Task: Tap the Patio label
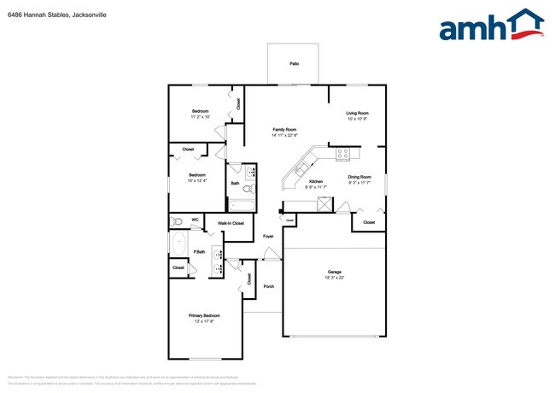point(294,64)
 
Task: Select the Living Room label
point(357,113)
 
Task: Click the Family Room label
point(284,129)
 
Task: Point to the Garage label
point(334,273)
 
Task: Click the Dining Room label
point(359,177)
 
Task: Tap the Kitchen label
point(315,182)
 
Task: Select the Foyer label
point(268,235)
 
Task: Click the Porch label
point(268,286)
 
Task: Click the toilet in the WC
point(177,221)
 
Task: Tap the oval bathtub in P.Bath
point(178,244)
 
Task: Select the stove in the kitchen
point(344,155)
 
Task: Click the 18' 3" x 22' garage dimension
point(334,279)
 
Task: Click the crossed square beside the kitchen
point(324,203)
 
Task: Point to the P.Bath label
point(199,251)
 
